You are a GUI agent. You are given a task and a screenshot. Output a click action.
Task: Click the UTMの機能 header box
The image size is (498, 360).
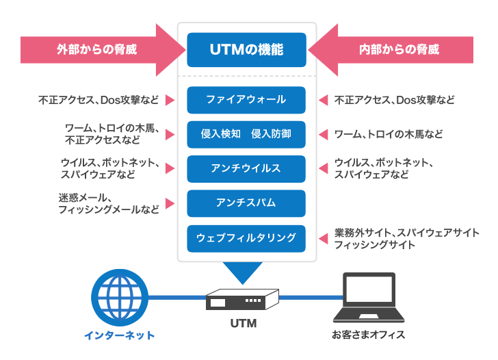[246, 49]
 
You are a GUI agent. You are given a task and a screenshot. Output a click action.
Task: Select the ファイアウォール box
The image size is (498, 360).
[246, 100]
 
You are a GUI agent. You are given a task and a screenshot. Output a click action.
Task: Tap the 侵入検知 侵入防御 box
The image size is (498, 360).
[246, 134]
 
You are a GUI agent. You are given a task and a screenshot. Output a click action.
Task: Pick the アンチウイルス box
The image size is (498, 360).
[246, 168]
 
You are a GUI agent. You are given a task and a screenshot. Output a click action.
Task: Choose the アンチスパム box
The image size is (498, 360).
[246, 203]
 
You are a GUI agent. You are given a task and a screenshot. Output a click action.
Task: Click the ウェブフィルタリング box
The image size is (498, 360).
[246, 237]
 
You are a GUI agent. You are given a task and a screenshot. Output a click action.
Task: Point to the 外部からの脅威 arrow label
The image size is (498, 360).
[96, 49]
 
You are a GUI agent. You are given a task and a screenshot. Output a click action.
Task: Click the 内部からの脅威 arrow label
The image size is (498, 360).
[399, 49]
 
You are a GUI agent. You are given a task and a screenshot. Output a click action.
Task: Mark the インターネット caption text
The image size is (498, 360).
[119, 335]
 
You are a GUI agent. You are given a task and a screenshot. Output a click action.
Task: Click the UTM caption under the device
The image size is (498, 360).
[243, 323]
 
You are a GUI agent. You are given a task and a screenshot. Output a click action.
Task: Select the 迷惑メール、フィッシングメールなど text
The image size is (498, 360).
[109, 203]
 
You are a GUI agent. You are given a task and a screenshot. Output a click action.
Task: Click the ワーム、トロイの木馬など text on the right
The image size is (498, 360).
[388, 134]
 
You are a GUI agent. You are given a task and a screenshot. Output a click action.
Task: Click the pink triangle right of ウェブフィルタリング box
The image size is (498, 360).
[322, 238]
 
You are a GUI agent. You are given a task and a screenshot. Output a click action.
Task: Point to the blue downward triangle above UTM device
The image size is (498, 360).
[244, 272]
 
